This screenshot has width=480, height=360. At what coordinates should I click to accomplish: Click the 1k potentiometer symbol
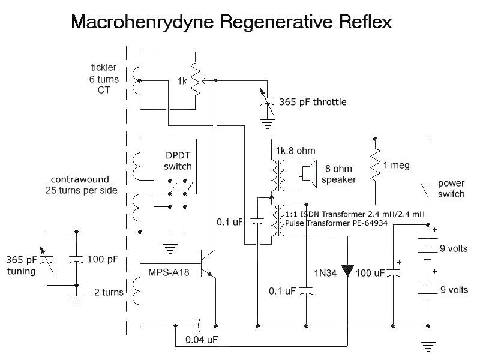pos(194,80)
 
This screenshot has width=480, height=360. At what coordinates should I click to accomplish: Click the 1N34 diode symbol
pos(348,272)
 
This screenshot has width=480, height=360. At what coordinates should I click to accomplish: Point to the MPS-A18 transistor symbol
pos(209,267)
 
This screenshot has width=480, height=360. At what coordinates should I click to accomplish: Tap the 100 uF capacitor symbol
pos(393,273)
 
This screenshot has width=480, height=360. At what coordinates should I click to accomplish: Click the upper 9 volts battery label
pos(454,248)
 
